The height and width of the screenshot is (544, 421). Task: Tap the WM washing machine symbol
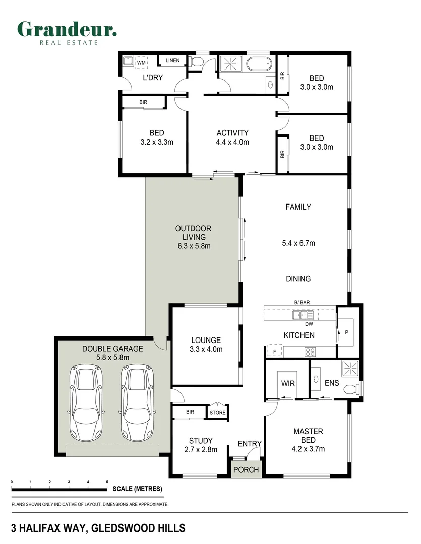point(141,63)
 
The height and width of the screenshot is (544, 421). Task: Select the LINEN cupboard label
point(172,61)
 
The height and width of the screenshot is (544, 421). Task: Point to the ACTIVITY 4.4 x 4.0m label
point(232,138)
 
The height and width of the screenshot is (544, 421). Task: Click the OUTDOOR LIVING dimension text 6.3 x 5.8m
point(194,246)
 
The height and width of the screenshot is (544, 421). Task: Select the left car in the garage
point(86,402)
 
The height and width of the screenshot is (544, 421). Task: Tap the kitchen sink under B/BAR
point(303,315)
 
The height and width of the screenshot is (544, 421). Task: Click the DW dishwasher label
point(309,324)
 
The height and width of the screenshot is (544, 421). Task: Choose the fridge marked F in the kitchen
point(274,351)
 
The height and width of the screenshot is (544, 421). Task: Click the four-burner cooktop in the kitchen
point(310,352)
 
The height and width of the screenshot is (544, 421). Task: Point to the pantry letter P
point(346,332)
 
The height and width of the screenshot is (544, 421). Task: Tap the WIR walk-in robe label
point(288,383)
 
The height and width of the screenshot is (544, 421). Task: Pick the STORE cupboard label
point(217,412)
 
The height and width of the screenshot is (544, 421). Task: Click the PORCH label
point(246,470)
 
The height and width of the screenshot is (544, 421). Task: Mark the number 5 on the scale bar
point(107,482)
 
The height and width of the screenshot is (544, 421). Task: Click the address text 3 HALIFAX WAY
point(48,528)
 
